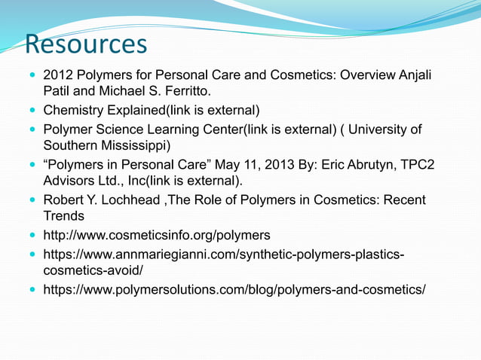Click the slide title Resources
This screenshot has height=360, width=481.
[86, 44]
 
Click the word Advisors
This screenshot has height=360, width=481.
[72, 182]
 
